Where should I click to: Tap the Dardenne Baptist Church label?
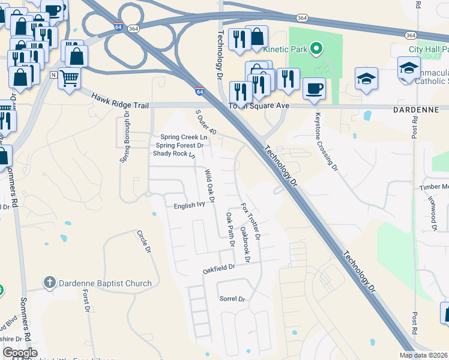(x=105, y=283)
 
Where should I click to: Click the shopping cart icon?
(x=70, y=77)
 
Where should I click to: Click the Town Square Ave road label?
(x=259, y=106)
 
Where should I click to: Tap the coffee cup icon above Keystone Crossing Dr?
(x=314, y=89)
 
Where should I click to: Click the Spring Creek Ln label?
(x=183, y=137)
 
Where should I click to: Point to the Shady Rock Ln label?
(x=174, y=154)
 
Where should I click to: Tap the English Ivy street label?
(x=189, y=205)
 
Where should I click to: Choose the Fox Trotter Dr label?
(x=250, y=221)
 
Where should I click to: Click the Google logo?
(x=20, y=353)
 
